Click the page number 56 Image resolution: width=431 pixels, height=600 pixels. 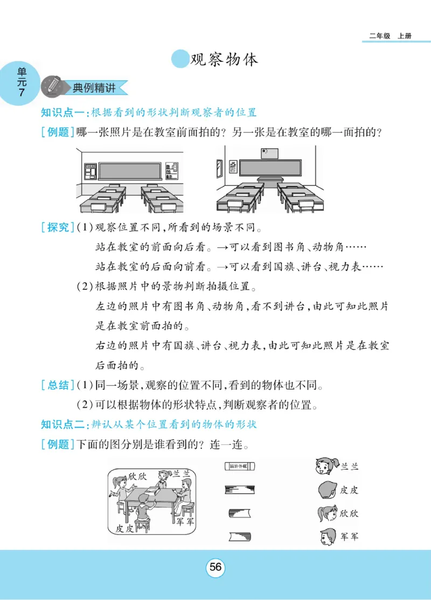[215, 567]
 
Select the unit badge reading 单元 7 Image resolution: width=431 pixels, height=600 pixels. [20, 83]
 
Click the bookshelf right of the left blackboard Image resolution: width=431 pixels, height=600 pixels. [171, 171]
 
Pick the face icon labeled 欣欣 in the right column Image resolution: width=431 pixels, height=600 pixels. [327, 513]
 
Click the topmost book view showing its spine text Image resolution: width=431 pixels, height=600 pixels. [239, 465]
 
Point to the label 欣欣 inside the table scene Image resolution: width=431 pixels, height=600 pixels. [138, 476]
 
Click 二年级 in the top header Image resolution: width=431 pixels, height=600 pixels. [379, 36]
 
